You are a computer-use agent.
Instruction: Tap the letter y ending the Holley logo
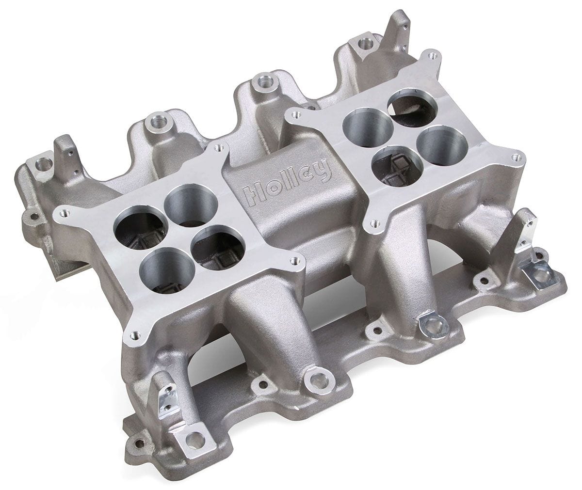click(x=323, y=171)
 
